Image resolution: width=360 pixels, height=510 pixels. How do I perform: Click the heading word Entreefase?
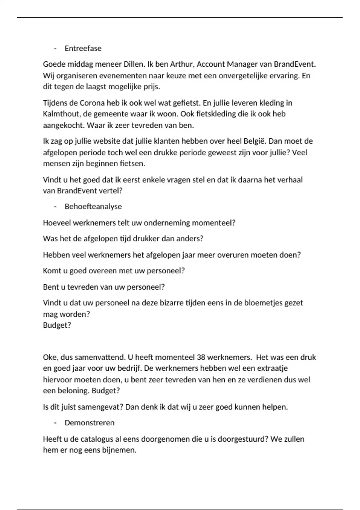(83, 48)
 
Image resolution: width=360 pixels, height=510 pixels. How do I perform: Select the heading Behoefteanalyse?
(93, 206)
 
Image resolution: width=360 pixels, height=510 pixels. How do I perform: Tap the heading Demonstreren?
(89, 423)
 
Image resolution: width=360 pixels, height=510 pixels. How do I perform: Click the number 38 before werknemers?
(201, 357)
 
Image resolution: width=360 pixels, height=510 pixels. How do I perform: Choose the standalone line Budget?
(57, 325)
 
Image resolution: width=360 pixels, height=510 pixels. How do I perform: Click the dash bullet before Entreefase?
(55, 49)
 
